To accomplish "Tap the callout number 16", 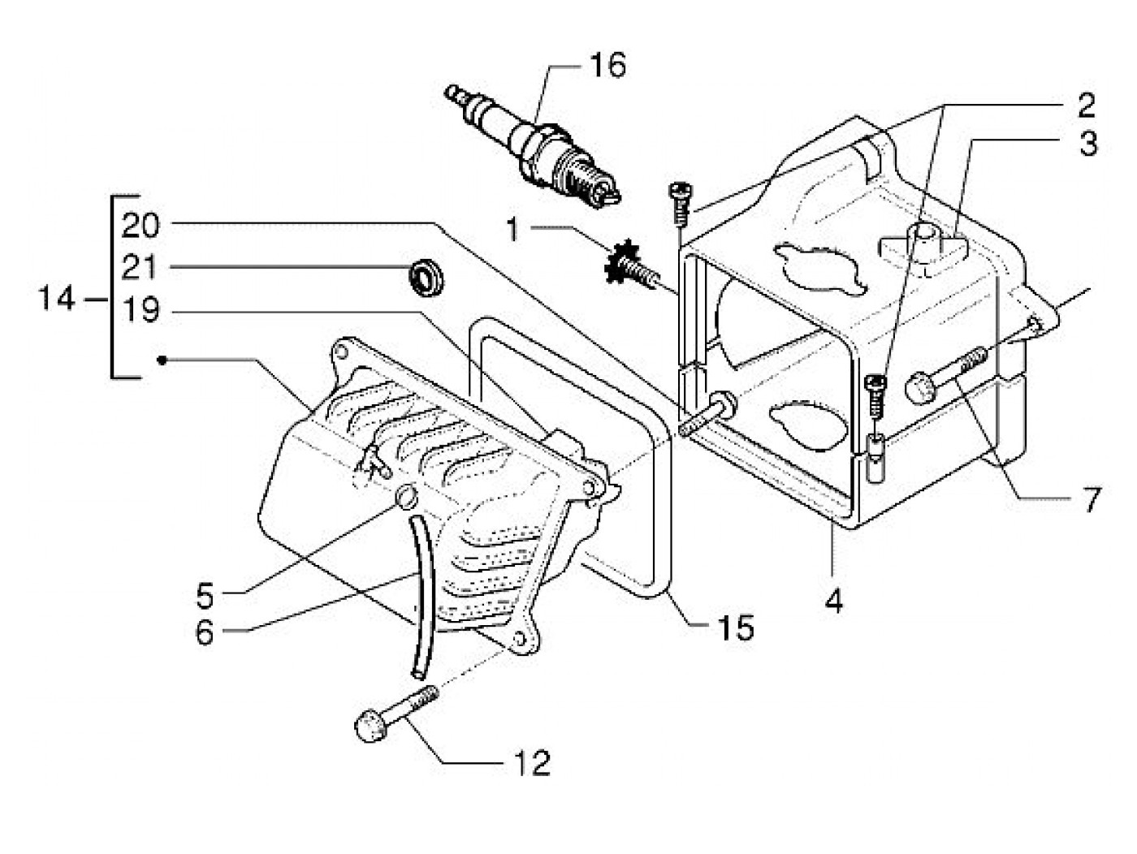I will pos(607,65).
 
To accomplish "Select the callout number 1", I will pos(512,230).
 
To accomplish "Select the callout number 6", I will pos(204,633).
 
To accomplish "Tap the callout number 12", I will pos(532,763).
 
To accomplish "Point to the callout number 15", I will pos(736,628).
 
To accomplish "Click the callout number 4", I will pos(833,601).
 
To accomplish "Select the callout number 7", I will pos(1088,500).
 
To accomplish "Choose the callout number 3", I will pos(1088,144).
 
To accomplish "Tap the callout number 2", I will pos(1085,104).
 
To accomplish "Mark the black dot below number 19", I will pos(162,360).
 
